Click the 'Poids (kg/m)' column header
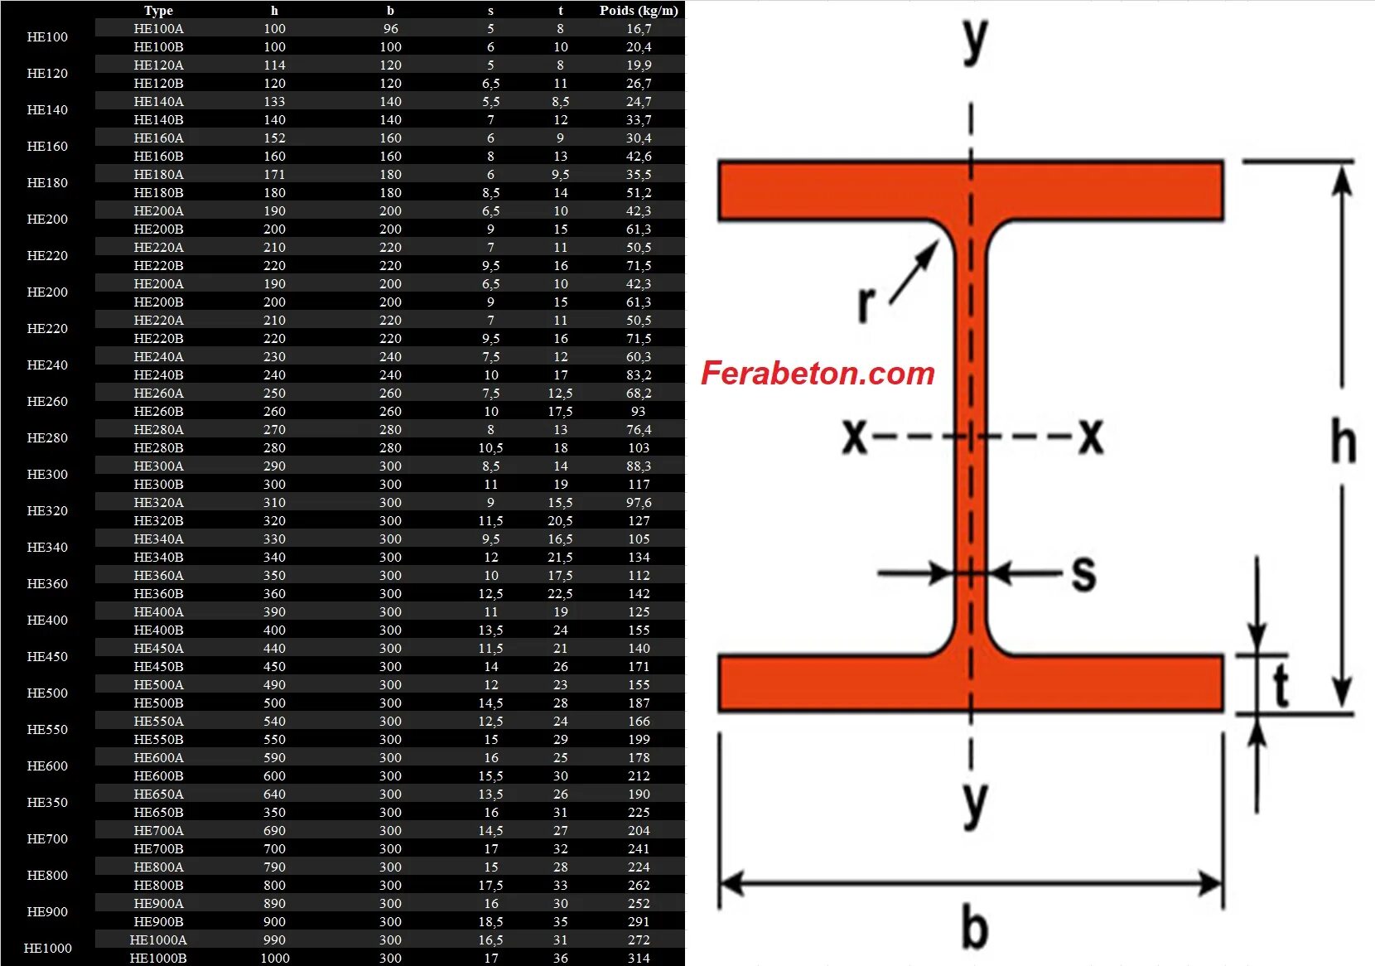click(639, 11)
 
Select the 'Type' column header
click(158, 11)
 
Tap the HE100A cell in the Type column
click(158, 29)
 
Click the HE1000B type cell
click(158, 959)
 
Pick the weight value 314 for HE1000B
click(639, 959)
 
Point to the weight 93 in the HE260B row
click(639, 412)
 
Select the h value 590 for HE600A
click(274, 758)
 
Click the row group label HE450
click(47, 657)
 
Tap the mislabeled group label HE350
click(47, 803)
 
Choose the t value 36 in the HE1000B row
click(561, 959)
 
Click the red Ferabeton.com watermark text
click(818, 374)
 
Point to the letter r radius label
click(866, 303)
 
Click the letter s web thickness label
click(1083, 573)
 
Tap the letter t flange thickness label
click(1281, 686)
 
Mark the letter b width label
click(974, 927)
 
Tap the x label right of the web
click(1091, 436)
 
